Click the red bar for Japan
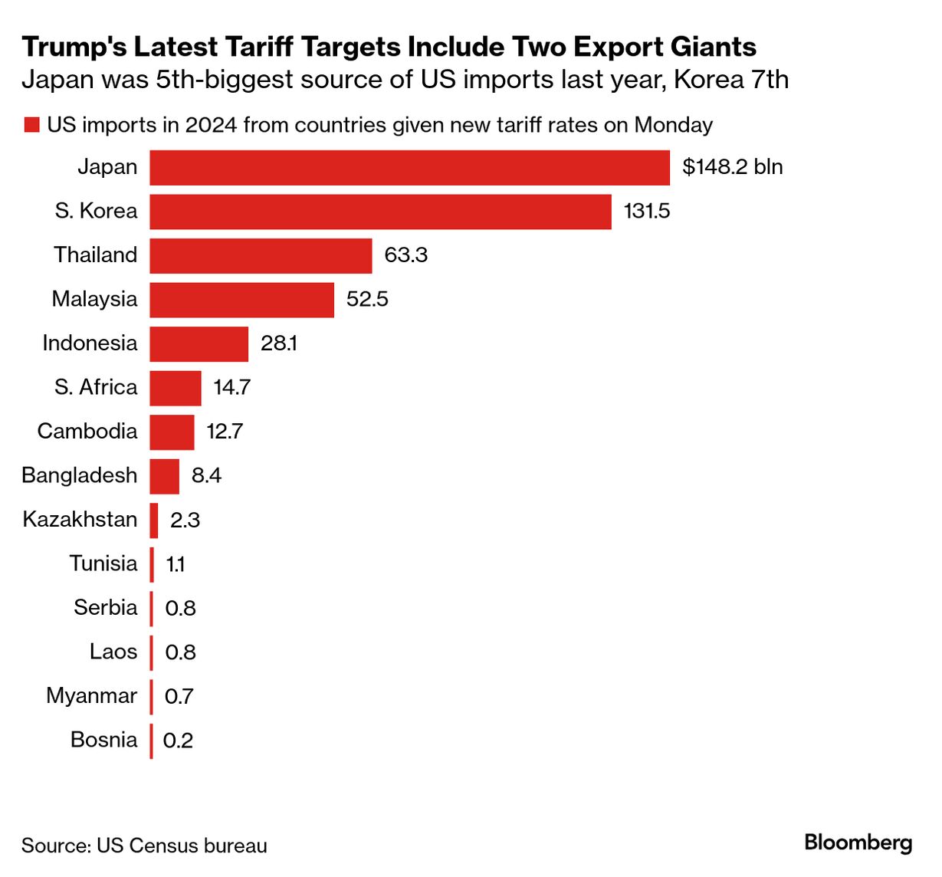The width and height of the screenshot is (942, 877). (x=409, y=168)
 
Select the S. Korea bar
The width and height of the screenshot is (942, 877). (x=380, y=212)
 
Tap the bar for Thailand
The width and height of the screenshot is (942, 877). (x=261, y=256)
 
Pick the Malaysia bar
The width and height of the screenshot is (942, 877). (x=241, y=300)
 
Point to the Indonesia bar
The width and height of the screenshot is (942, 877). (x=199, y=344)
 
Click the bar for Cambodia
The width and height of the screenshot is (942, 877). (x=172, y=432)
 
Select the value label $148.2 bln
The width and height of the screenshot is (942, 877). (x=732, y=167)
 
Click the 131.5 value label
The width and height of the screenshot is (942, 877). (x=647, y=212)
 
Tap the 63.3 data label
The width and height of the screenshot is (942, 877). (x=405, y=255)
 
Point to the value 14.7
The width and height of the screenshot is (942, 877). (x=231, y=388)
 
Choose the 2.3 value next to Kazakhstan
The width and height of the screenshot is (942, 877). (x=185, y=521)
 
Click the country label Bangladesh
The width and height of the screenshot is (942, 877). (x=80, y=476)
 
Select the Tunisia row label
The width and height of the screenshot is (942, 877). (x=103, y=564)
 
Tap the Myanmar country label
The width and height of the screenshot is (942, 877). (x=91, y=696)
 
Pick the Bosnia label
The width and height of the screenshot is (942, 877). (x=103, y=741)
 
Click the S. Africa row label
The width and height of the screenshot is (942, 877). (x=96, y=388)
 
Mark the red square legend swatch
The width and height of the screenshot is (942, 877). (x=31, y=125)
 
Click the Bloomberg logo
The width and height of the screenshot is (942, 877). (x=858, y=843)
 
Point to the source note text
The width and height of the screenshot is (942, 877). (x=144, y=846)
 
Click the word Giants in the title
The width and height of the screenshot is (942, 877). (x=713, y=48)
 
